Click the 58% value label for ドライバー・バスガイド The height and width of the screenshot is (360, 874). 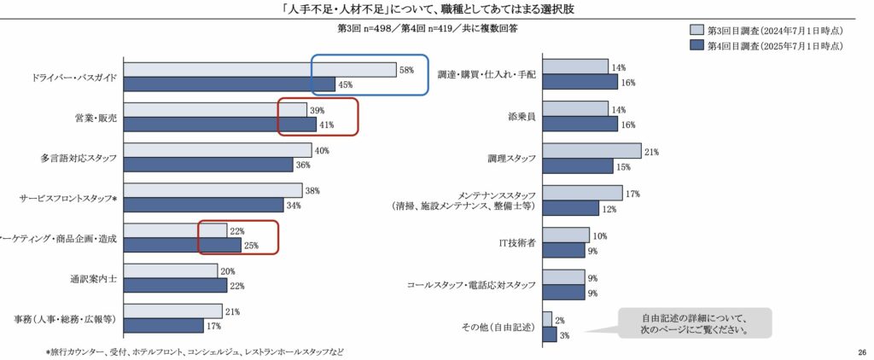406,69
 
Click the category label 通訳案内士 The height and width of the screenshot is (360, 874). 93,278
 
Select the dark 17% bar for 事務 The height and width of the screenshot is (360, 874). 164,325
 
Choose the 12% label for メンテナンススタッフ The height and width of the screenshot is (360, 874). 610,208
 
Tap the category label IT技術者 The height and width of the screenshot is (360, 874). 516,242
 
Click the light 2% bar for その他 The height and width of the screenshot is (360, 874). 547,318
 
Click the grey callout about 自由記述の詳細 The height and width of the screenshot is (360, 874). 695,322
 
